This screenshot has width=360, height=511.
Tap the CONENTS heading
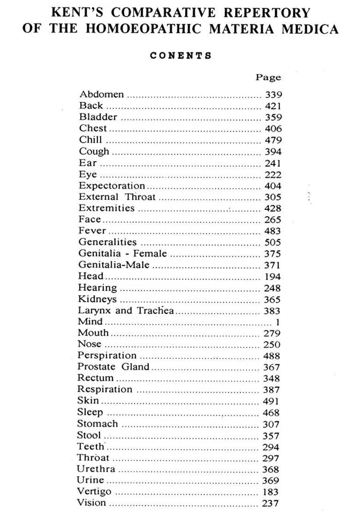click(180, 56)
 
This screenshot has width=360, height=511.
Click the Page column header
click(268, 77)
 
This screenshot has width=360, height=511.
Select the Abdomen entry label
click(102, 95)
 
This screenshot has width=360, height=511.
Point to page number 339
click(273, 95)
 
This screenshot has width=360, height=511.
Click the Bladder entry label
click(98, 117)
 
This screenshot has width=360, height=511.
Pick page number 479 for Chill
click(273, 140)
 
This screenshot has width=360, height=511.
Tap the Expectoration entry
click(112, 185)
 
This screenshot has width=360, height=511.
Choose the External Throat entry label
click(117, 197)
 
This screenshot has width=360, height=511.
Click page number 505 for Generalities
click(272, 243)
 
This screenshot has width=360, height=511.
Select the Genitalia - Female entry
click(123, 254)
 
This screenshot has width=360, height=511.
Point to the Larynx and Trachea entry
click(126, 310)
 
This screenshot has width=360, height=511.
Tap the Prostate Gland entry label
click(114, 367)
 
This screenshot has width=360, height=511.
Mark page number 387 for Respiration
click(271, 390)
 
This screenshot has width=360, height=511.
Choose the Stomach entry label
click(97, 423)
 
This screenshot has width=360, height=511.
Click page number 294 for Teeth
click(271, 447)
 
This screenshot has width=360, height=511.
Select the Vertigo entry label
click(94, 492)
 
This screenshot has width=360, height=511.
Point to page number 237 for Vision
click(270, 503)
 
